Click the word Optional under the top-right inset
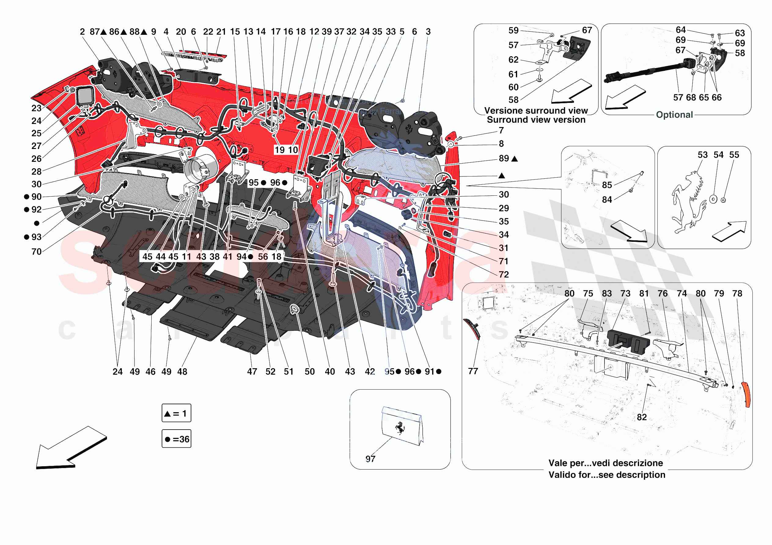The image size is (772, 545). [674, 114]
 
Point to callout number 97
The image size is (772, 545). [370, 459]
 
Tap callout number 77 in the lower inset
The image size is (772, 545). [473, 371]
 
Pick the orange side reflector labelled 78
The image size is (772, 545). [746, 394]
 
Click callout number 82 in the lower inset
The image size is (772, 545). [641, 417]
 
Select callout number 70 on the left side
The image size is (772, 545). [36, 252]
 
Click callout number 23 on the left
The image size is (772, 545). [36, 108]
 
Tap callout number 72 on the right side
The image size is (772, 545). [503, 274]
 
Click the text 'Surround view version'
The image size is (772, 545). [536, 120]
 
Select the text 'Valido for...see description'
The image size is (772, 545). [607, 474]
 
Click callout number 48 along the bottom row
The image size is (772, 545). [182, 372]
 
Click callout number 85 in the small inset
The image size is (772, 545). [607, 185]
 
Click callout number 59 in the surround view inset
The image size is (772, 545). [513, 31]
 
